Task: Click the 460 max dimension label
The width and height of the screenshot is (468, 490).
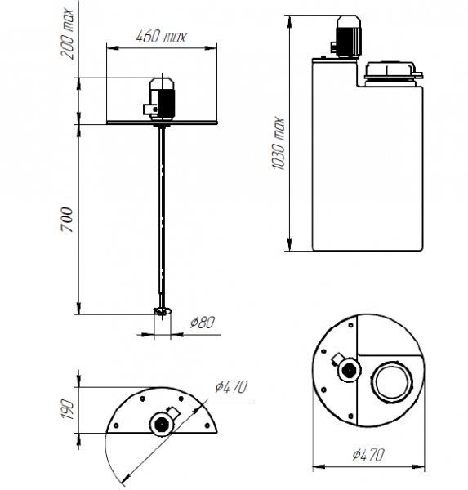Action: pyautogui.click(x=162, y=36)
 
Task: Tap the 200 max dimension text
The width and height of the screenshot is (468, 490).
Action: pyautogui.click(x=67, y=33)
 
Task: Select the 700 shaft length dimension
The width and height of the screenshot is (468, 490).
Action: pyautogui.click(x=67, y=220)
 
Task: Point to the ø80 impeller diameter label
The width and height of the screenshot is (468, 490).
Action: pyautogui.click(x=203, y=323)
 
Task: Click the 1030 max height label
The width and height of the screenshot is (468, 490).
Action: pyautogui.click(x=278, y=144)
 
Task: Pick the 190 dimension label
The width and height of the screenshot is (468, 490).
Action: pyautogui.click(x=67, y=409)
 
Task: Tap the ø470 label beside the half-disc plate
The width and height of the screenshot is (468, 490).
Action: pyautogui.click(x=231, y=387)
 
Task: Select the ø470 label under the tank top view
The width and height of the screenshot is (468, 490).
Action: pyautogui.click(x=368, y=455)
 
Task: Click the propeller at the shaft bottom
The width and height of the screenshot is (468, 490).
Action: pyautogui.click(x=163, y=312)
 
